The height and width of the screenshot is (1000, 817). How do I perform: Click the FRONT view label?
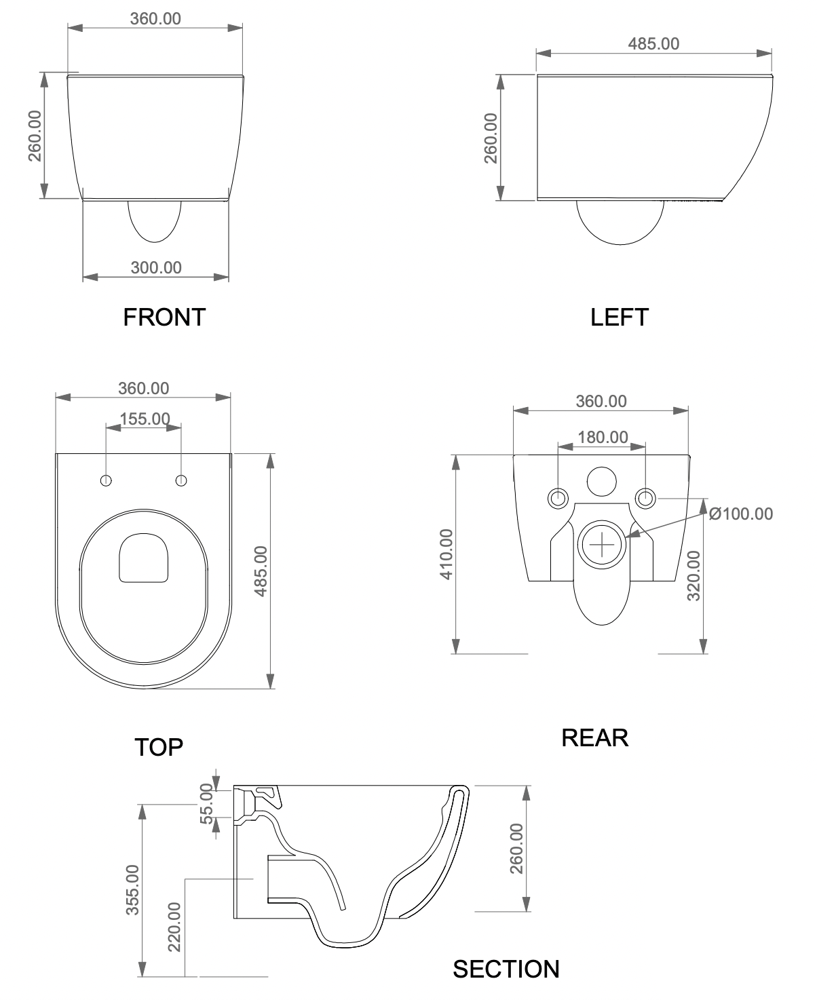[x=164, y=317]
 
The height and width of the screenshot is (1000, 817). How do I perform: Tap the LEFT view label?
[x=620, y=317]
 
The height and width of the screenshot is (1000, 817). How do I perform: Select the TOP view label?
[x=159, y=747]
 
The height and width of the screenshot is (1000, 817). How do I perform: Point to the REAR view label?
[x=594, y=737]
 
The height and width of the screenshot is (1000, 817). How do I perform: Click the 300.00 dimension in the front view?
[x=156, y=268]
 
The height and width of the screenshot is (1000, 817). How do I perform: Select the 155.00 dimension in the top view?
[x=145, y=419]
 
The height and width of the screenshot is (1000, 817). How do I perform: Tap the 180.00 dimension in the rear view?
[x=603, y=438]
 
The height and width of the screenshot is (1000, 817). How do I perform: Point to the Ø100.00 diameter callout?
[x=740, y=514]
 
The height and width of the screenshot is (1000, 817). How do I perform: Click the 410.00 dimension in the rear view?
[x=446, y=554]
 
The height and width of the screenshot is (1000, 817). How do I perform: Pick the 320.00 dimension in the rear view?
[x=693, y=575]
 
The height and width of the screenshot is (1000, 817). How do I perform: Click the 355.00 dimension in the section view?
[x=132, y=889]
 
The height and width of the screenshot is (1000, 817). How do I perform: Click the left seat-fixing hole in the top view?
[x=107, y=480]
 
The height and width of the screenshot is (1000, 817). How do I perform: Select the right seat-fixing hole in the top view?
[x=181, y=480]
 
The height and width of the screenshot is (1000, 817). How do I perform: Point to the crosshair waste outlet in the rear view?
[x=601, y=544]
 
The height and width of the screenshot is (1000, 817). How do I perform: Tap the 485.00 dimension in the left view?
[x=653, y=44]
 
